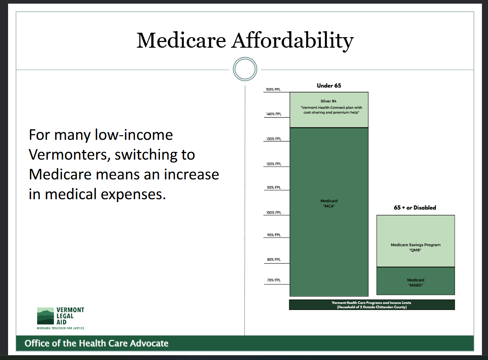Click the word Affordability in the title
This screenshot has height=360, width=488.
pos(292,40)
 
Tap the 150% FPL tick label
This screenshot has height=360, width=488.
pos(273,89)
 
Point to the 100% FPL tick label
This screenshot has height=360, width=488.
pos(273,213)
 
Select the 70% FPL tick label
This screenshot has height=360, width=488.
pos(273,280)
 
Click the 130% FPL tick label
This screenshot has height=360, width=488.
pos(273,139)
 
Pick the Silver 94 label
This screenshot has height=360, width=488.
pos(328,101)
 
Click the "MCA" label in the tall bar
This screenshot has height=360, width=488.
pos(328,206)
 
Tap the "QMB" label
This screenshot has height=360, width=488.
pos(415,251)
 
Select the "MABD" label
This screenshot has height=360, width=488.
pos(415,286)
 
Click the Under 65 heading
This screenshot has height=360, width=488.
pos(329,86)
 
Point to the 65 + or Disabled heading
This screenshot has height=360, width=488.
pos(415,208)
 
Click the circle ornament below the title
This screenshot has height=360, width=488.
pos(245,69)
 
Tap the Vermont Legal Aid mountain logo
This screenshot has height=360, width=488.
pos(45,316)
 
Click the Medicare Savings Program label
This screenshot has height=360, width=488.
pos(415,245)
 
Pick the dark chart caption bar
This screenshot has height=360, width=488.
pos(372,305)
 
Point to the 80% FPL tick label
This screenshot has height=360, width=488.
pos(273,260)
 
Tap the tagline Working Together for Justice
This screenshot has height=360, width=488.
pos(61,328)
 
